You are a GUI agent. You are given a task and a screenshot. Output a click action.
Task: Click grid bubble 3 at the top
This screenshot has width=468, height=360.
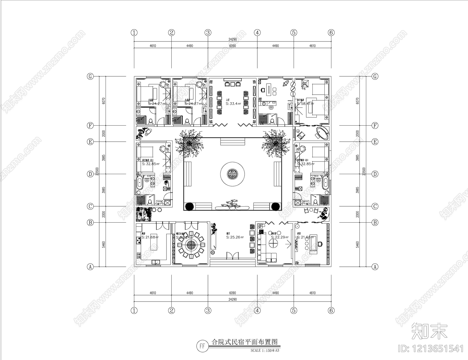pos(208,33)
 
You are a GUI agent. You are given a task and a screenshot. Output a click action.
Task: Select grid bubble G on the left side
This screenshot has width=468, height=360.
pos(90,77)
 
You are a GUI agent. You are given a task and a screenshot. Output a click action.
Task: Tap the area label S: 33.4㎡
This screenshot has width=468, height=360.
pos(233,104)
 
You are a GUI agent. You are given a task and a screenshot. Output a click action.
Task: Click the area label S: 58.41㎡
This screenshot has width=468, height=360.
pos(305,103)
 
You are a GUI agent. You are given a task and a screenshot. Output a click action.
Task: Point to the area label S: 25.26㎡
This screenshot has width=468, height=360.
pos(235,237)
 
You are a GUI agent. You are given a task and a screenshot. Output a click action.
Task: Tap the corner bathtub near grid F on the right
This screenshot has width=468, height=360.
pos(321,134)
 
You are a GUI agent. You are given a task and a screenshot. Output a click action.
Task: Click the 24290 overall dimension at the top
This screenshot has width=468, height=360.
pos(233,39)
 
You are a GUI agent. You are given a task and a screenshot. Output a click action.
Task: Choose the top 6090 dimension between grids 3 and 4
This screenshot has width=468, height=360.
pos(233,46)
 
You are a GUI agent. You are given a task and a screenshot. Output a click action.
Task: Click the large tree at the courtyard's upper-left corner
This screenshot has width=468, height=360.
pos(190,144)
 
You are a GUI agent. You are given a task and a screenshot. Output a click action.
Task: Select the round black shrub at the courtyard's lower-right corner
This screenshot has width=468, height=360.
pos(275,206)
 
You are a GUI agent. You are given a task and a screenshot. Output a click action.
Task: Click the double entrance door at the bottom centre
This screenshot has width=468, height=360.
pos(233,256)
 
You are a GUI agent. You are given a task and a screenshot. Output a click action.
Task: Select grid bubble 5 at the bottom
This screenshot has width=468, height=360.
pos(294,311)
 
